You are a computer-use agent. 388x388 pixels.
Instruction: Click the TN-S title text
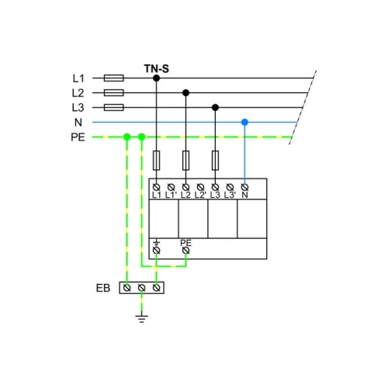(157, 69)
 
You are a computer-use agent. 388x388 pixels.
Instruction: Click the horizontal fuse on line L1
(114, 78)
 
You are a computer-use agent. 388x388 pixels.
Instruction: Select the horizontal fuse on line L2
(114, 92)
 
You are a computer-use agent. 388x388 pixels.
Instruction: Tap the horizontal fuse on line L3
(114, 107)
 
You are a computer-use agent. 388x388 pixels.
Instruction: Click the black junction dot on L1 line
(156, 78)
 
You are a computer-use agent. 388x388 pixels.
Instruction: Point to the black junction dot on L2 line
(185, 92)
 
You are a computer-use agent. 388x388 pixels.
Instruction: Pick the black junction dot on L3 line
(215, 107)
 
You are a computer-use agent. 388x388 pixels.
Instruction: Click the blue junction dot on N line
(244, 122)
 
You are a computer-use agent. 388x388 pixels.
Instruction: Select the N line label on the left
(78, 123)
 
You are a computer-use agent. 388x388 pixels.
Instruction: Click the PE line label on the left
(78, 137)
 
